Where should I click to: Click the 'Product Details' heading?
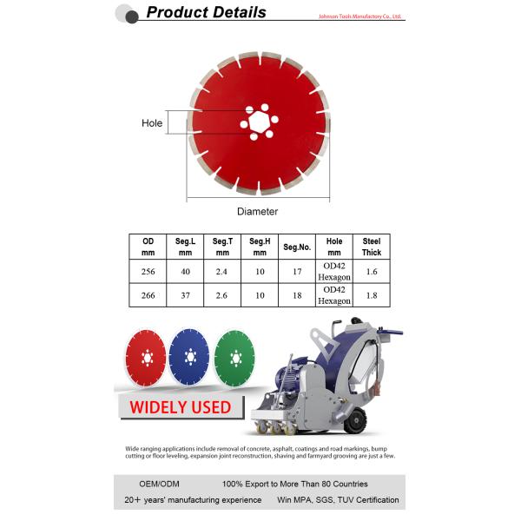pos(206,12)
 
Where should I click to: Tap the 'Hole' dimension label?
pos(152,123)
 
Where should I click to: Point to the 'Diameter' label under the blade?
pos(257,211)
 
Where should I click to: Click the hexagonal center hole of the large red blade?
pos(258,122)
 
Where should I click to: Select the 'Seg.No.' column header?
pos(297,247)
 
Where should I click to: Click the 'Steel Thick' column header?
pos(372,247)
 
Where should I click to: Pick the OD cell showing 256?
pos(148,271)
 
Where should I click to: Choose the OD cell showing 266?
pos(148,295)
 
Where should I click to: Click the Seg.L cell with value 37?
pos(185,295)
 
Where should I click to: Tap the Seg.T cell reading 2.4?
pos(222,271)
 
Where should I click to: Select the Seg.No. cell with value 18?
pos(297,295)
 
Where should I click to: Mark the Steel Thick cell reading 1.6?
pos(372,271)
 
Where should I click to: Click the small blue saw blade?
pos(190,358)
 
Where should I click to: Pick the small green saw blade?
pos(234,358)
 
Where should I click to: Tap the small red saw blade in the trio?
pos(146,358)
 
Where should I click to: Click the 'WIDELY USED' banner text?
pos(180,406)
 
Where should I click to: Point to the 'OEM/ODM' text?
pos(159,484)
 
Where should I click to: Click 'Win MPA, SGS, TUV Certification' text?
pos(337,500)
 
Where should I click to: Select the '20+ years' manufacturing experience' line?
pos(193,500)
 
